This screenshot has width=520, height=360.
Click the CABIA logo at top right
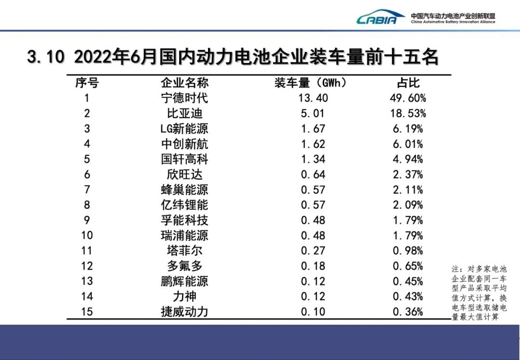pos(380,18)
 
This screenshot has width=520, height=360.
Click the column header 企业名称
pos(184,83)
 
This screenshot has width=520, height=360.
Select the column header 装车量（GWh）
pos(311,83)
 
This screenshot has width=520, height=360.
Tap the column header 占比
pos(407,83)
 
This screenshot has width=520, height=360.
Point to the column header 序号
pos(87,83)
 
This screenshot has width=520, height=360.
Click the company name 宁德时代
pos(184,98)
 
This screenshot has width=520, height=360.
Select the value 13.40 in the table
pos(313,98)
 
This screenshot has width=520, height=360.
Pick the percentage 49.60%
pos(407,98)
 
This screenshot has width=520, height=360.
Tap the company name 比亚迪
pos(184,114)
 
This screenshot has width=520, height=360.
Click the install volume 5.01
pos(313,114)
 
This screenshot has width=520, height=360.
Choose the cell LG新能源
pos(184,129)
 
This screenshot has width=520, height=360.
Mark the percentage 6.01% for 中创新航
pos(407,144)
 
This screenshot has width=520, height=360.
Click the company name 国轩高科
pos(184,159)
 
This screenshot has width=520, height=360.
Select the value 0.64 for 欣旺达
pos(313,174)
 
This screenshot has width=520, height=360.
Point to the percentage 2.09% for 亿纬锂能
pos(407,205)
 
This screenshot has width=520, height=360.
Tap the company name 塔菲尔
pos(184,251)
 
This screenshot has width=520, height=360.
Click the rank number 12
pos(87,266)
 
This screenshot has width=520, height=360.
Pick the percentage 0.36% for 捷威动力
pos(407,311)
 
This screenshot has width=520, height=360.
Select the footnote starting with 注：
pos(479,293)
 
